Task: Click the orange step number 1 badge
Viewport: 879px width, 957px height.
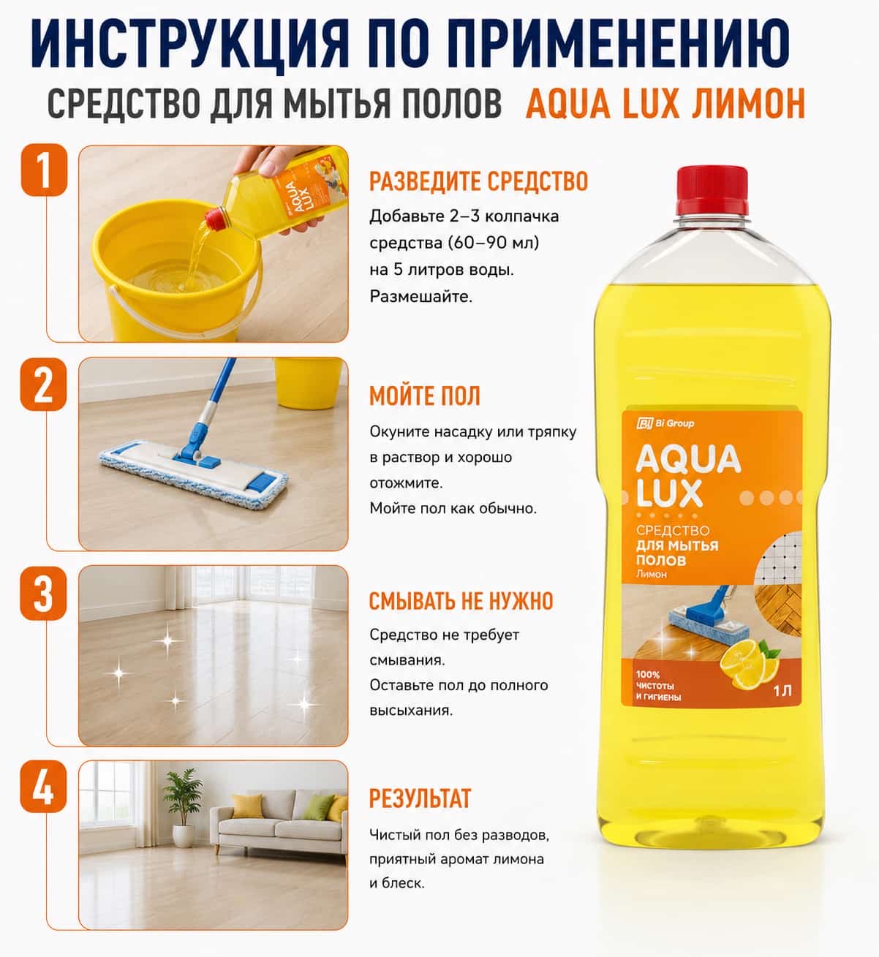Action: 44,170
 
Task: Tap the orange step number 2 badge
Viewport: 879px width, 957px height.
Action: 43,385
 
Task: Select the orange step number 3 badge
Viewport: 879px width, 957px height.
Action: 43,594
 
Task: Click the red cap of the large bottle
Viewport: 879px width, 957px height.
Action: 712,191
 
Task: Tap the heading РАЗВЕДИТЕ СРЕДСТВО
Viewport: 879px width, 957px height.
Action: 479,182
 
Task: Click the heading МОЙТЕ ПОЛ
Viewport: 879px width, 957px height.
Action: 425,396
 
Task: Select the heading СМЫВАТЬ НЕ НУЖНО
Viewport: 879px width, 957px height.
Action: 461,601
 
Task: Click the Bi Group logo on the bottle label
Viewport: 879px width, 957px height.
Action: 665,423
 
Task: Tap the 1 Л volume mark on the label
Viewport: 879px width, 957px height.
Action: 782,691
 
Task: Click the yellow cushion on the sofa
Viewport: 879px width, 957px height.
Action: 247,806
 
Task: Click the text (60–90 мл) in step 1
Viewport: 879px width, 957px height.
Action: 493,243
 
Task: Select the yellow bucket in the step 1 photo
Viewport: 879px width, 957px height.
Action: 177,273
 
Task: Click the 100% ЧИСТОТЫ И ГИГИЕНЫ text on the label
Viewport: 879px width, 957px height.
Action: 659,686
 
